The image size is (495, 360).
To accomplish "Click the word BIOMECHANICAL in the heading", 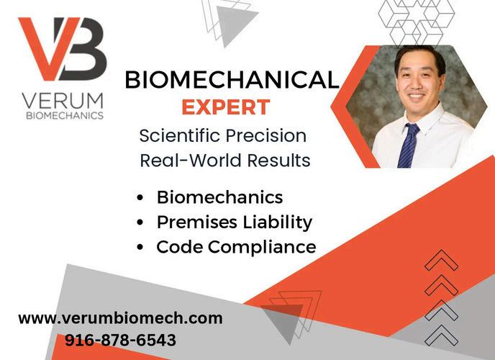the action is (x=232, y=80).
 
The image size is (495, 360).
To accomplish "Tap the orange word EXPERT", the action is (x=226, y=107).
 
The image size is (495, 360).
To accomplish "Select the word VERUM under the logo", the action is (x=63, y=101).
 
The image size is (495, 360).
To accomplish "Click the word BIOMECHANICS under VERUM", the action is (x=65, y=116).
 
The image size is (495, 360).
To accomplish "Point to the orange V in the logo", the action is (x=44, y=48).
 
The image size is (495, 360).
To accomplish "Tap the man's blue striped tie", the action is (x=407, y=145).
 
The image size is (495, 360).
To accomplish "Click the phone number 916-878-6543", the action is (x=120, y=340).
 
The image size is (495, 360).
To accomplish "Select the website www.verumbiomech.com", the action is (x=120, y=318).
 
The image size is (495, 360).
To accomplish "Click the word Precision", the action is (x=265, y=136).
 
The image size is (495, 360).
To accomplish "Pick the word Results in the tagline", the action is (x=278, y=160).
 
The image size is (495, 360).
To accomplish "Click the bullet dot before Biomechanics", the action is (x=140, y=198).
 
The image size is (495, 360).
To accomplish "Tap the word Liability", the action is (x=278, y=222).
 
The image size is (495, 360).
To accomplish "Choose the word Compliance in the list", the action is (x=262, y=247).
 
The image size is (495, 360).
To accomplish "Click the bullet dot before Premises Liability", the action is (x=140, y=222).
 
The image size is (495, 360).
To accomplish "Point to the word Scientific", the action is (x=180, y=136).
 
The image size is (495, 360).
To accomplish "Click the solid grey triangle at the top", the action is (x=235, y=22).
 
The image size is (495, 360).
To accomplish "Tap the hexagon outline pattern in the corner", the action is (x=416, y=22).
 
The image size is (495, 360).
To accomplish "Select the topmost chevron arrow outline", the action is (x=441, y=260).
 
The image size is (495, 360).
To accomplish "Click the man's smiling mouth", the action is (x=417, y=96).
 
